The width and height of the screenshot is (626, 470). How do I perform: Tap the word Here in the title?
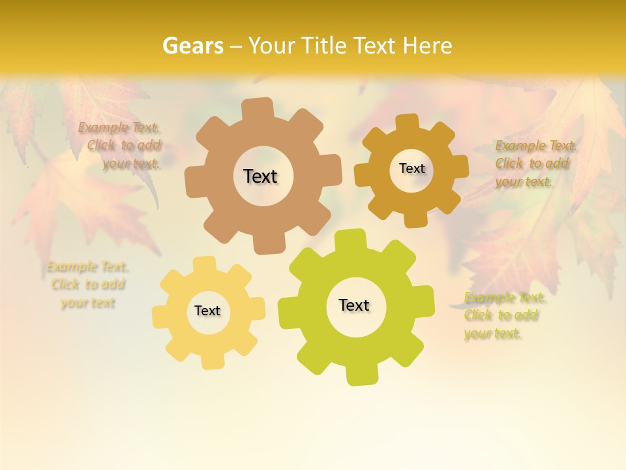(x=428, y=46)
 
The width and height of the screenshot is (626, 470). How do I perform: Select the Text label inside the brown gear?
(x=260, y=176)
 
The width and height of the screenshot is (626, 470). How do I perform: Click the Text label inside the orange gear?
(x=411, y=168)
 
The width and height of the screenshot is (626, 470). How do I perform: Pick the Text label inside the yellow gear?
(x=207, y=311)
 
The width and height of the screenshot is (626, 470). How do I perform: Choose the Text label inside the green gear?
(x=354, y=305)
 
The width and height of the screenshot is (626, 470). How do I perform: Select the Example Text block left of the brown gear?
(x=121, y=146)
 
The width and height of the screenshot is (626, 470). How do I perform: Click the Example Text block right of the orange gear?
(x=533, y=163)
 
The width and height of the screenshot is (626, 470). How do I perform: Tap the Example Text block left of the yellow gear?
(x=87, y=285)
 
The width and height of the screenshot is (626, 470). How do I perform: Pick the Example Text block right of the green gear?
(x=503, y=315)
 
